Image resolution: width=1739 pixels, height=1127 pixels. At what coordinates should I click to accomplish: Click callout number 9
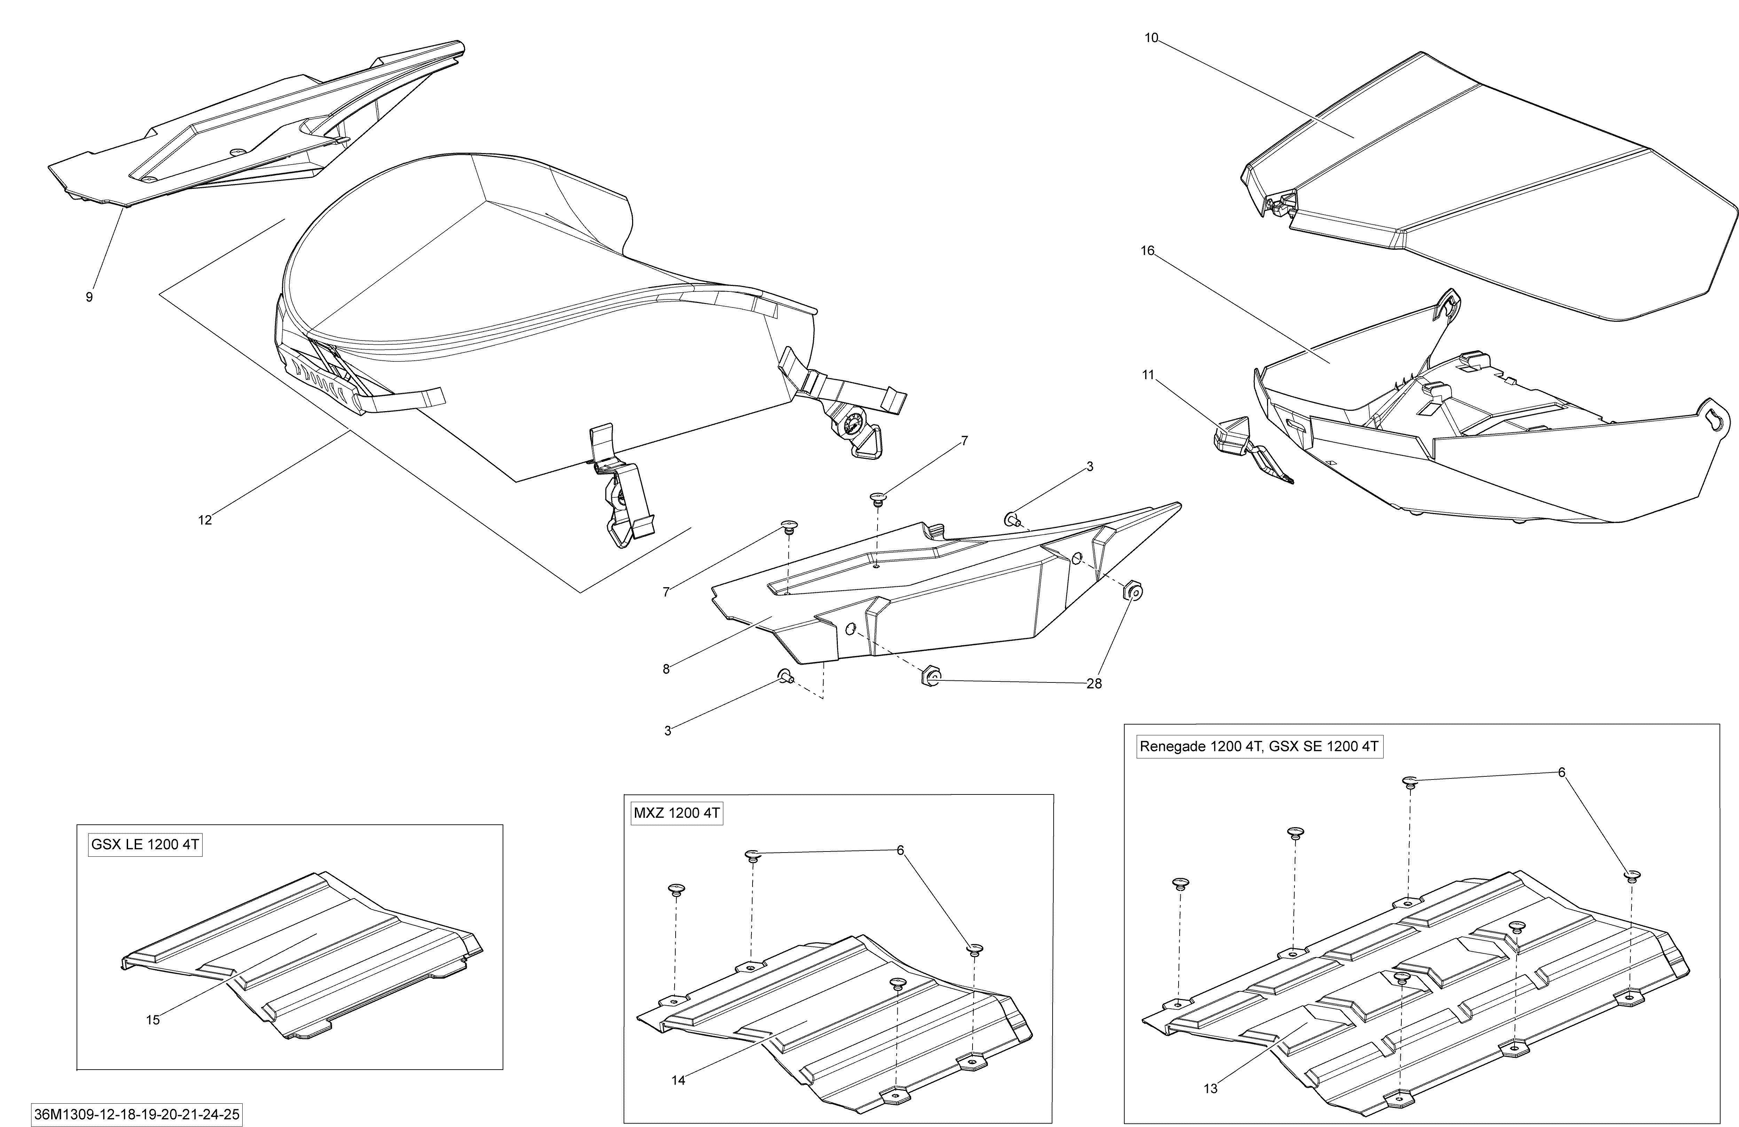[89, 297]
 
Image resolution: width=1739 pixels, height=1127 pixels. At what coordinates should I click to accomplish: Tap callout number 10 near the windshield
[1151, 38]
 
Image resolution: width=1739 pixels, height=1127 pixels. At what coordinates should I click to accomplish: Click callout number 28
[1094, 684]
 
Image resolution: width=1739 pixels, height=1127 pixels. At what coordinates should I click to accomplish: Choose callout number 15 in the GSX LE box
[153, 1020]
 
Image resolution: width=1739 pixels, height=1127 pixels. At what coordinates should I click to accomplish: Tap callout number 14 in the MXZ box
[678, 1080]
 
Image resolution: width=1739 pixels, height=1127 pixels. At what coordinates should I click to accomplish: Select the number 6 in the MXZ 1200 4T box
[900, 850]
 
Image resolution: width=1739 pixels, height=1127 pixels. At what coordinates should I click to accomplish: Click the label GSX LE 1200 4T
[145, 845]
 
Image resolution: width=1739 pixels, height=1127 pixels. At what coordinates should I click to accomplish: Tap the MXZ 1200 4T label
[677, 813]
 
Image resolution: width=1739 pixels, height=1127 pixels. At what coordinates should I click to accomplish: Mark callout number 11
[1148, 375]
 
